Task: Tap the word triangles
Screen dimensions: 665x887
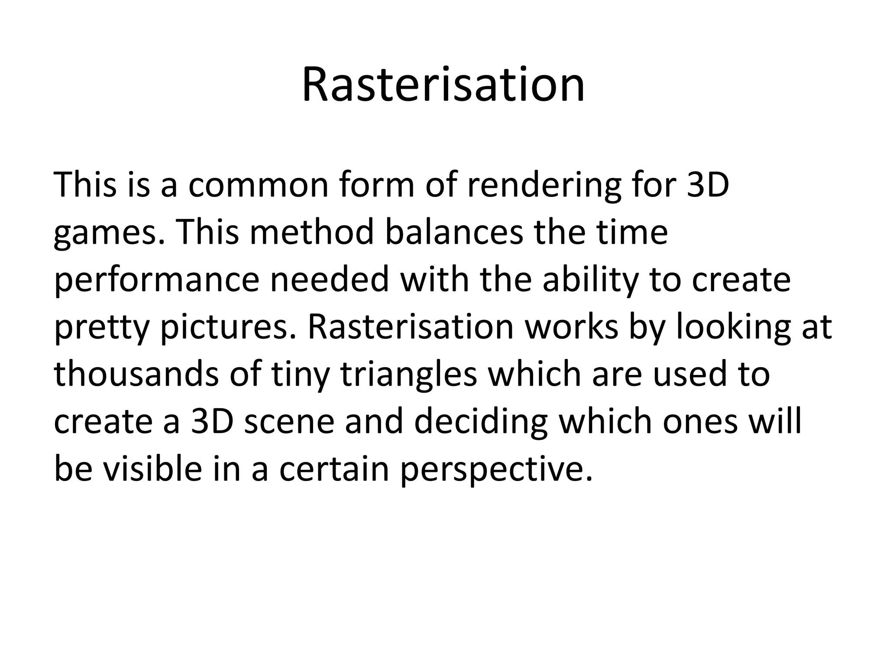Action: pyautogui.click(x=408, y=376)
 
